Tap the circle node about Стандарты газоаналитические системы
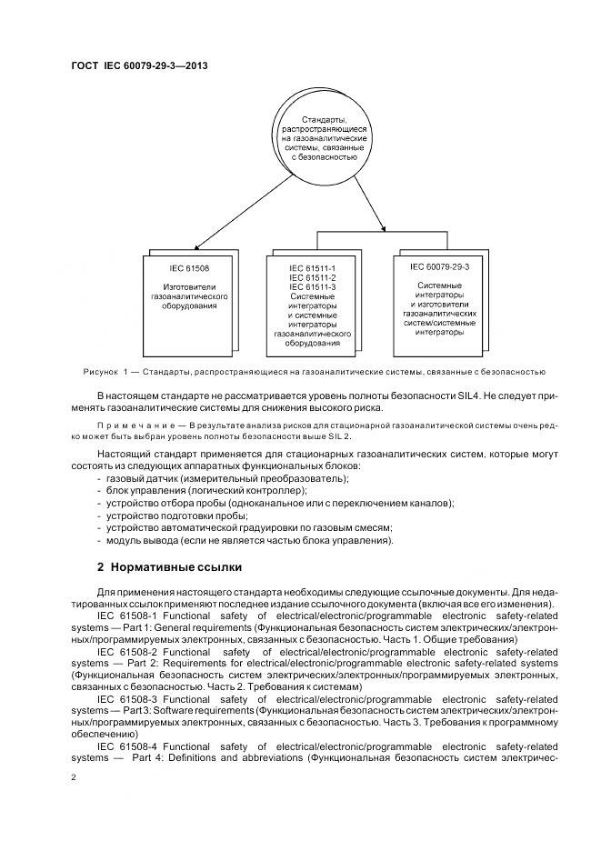point(324,137)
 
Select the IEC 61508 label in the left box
point(188,268)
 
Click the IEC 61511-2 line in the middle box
point(313,277)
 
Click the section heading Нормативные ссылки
point(169,567)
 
